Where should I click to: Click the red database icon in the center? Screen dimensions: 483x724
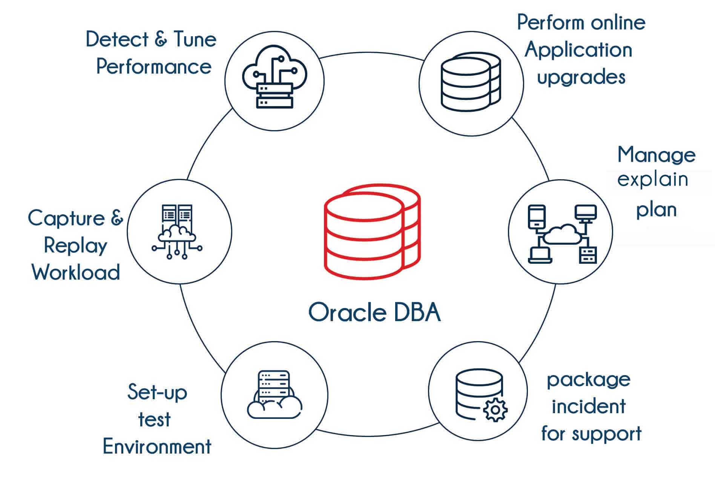tap(372, 232)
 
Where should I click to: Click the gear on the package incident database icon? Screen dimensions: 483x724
tap(495, 410)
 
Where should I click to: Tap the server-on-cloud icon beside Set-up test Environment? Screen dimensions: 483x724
tap(274, 395)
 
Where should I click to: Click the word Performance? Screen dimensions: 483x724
tap(154, 67)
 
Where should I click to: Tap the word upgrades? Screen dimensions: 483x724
tap(581, 78)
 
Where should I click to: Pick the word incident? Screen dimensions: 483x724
tap(589, 406)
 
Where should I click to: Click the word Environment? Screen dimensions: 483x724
tap(157, 446)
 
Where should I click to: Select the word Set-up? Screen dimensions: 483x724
tap(157, 393)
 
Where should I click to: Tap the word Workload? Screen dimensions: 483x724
tap(76, 272)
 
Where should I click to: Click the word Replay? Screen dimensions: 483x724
tap(75, 246)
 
